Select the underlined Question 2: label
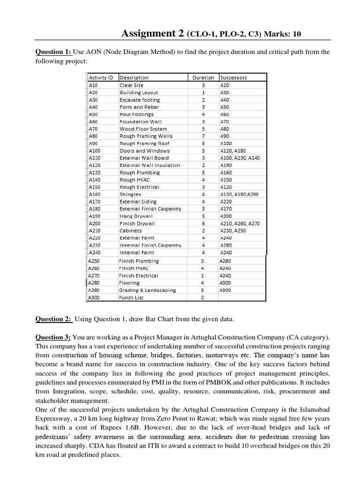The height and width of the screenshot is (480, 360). [x=53, y=319]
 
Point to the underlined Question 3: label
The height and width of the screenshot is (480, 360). [x=53, y=337]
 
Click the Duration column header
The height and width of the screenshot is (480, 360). [x=203, y=78]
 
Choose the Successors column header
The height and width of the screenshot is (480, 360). [x=233, y=78]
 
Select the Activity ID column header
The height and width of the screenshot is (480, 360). [x=103, y=78]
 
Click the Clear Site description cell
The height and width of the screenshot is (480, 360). [x=132, y=85]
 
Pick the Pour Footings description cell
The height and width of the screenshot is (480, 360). [x=136, y=114]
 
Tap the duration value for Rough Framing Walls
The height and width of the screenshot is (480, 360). [x=203, y=136]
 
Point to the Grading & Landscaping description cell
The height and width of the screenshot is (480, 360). [x=148, y=290]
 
